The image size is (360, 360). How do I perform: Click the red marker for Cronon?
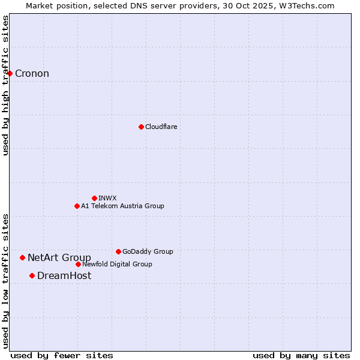point(10,73)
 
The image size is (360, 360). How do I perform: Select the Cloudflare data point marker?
point(141,127)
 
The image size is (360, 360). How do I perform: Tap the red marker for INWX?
point(94,198)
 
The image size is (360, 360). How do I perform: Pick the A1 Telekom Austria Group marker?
point(77,206)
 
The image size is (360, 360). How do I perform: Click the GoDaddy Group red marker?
point(118,251)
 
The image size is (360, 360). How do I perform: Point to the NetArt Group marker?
point(22,257)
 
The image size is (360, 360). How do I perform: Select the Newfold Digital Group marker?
point(78,264)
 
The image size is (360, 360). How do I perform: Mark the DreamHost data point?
point(32,275)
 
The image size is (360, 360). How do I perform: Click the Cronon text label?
point(32,74)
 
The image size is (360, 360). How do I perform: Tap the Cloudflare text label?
point(161,127)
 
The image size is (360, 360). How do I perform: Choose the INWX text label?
point(107,198)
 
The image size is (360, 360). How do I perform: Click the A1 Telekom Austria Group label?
point(122,206)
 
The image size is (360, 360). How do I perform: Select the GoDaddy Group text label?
point(147,252)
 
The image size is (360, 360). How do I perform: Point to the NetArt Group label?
point(59,258)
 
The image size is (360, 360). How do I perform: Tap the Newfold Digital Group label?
point(117,265)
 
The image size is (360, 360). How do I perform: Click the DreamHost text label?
point(64,276)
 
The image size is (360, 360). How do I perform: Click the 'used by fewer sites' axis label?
point(62,355)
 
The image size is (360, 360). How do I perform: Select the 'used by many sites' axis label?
point(301,355)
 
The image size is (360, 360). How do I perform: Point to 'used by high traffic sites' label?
point(6,85)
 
